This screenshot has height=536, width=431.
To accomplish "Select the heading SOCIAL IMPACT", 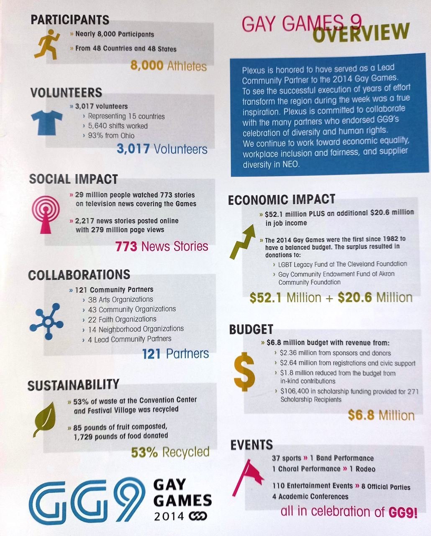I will [73, 179].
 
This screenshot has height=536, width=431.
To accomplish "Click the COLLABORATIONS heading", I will [79, 275].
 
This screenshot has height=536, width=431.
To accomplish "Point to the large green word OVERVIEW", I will [361, 33].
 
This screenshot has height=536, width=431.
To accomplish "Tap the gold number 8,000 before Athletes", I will [147, 66].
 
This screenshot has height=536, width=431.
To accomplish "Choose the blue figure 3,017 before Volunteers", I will [133, 149].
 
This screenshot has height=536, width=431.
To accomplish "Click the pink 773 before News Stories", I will [126, 246].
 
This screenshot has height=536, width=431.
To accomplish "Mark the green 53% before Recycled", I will [145, 452].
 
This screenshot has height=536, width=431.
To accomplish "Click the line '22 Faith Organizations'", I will [116, 319].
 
